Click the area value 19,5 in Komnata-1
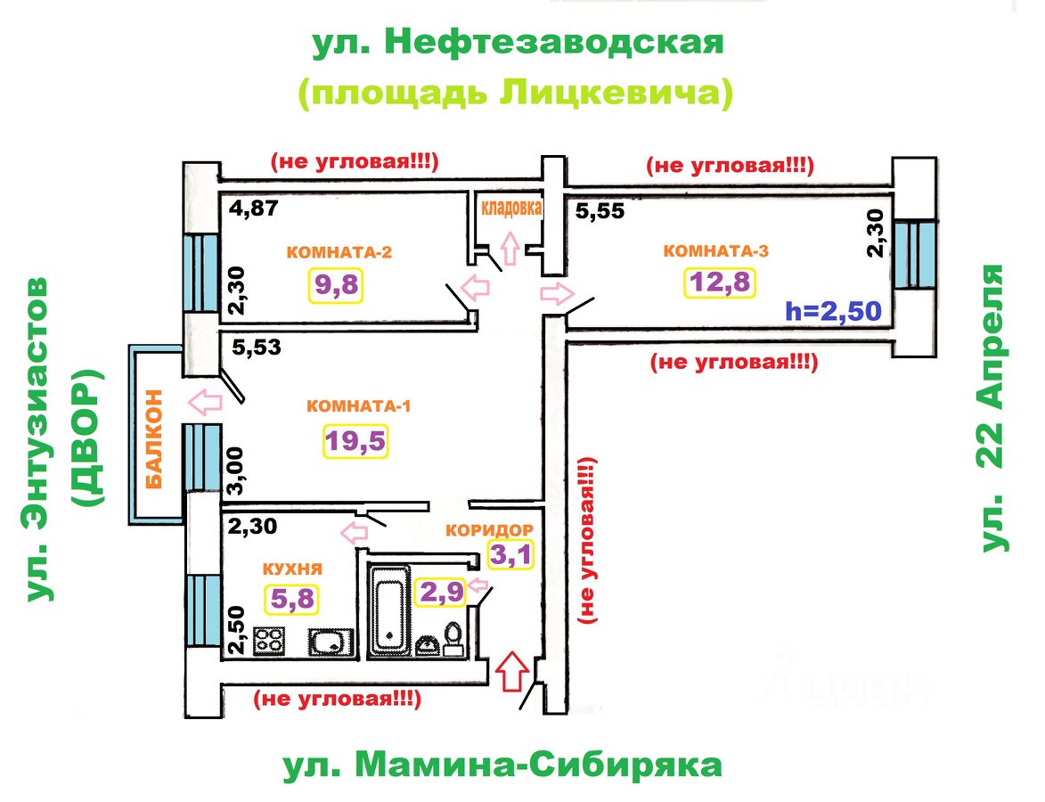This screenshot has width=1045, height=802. [x=355, y=441]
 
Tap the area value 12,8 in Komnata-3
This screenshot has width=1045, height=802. [x=719, y=282]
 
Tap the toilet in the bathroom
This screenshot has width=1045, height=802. [x=453, y=638]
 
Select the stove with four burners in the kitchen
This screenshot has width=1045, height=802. [x=270, y=641]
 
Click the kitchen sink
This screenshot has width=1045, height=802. [x=331, y=641]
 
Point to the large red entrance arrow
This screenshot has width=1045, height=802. [x=510, y=671]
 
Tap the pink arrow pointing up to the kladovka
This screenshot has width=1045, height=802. [x=510, y=247]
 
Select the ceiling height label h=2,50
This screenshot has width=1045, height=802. [x=832, y=311]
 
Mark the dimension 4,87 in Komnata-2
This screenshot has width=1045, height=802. [x=253, y=209]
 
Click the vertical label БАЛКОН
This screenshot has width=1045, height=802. [x=156, y=439]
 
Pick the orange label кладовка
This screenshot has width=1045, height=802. [x=512, y=208]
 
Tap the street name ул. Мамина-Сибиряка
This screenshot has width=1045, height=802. [x=502, y=765]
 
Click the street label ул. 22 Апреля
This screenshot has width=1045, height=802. [x=992, y=408]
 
